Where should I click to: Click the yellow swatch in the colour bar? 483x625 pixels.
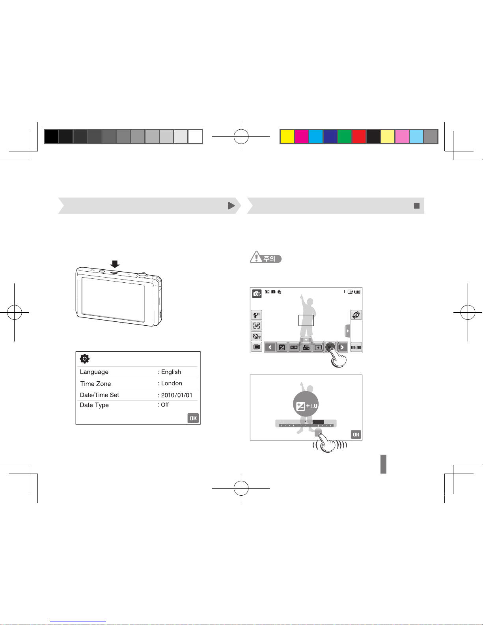[x=287, y=136]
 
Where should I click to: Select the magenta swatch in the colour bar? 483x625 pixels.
[x=301, y=136]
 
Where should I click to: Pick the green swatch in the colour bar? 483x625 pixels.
[x=345, y=136]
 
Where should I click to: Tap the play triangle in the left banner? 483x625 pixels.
[x=231, y=206]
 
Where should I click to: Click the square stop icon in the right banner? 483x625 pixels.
[x=417, y=206]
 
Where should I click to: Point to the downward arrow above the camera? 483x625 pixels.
[x=115, y=264]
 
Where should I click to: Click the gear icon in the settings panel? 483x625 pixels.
[x=84, y=359]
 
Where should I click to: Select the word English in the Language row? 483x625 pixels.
[x=171, y=372]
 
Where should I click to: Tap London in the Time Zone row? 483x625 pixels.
[x=172, y=383]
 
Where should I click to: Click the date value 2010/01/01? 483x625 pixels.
[x=177, y=395]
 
